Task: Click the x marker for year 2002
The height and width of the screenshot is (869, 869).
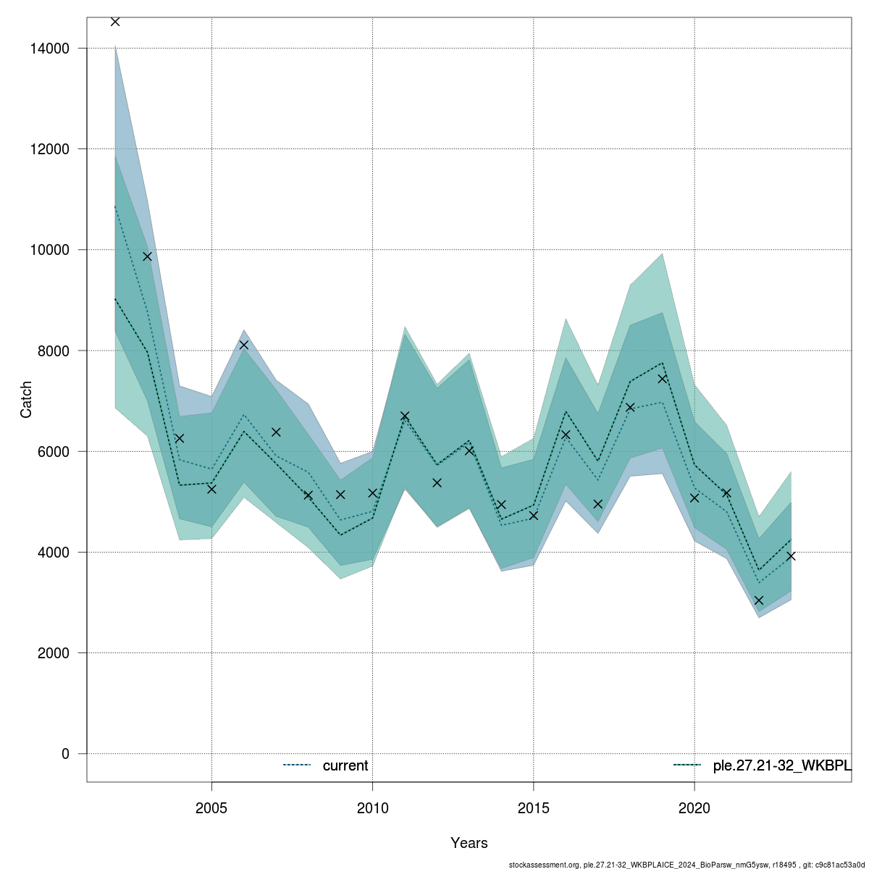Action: [x=115, y=22]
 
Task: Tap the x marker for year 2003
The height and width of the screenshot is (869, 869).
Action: [x=147, y=256]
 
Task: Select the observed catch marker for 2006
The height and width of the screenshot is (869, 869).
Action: [x=244, y=345]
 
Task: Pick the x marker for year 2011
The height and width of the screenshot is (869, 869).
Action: [x=405, y=416]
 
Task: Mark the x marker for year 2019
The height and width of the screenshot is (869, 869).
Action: [x=662, y=379]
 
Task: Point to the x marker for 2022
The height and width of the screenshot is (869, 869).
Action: [x=759, y=600]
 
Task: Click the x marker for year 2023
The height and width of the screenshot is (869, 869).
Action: [x=791, y=556]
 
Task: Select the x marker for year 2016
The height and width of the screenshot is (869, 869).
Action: [x=566, y=434]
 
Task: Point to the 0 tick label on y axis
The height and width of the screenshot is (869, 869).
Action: [x=65, y=754]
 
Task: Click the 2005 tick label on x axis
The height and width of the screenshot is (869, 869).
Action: [x=211, y=807]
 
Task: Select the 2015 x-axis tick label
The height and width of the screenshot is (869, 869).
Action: [x=534, y=807]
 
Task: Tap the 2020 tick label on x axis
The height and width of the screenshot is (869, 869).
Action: [x=694, y=807]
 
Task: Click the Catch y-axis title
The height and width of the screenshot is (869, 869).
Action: [x=26, y=399]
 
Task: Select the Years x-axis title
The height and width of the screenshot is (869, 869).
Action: [x=469, y=843]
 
